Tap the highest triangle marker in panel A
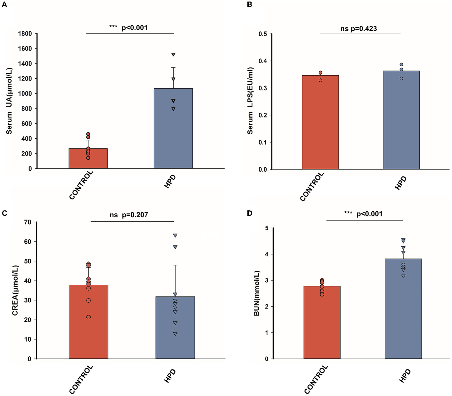click(173, 54)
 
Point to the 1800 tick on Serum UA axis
click(25, 34)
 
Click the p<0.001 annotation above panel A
click(134, 28)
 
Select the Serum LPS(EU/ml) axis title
click(250, 101)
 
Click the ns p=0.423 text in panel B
click(359, 29)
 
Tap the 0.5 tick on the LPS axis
click(263, 34)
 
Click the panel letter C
click(4, 213)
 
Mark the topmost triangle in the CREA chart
click(175, 235)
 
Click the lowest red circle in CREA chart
click(89, 317)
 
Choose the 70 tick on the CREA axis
click(28, 222)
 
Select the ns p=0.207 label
click(129, 215)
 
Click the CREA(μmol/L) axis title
click(15, 291)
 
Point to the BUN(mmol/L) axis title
click(256, 293)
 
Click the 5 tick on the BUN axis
click(267, 228)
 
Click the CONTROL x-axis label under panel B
click(312, 187)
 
